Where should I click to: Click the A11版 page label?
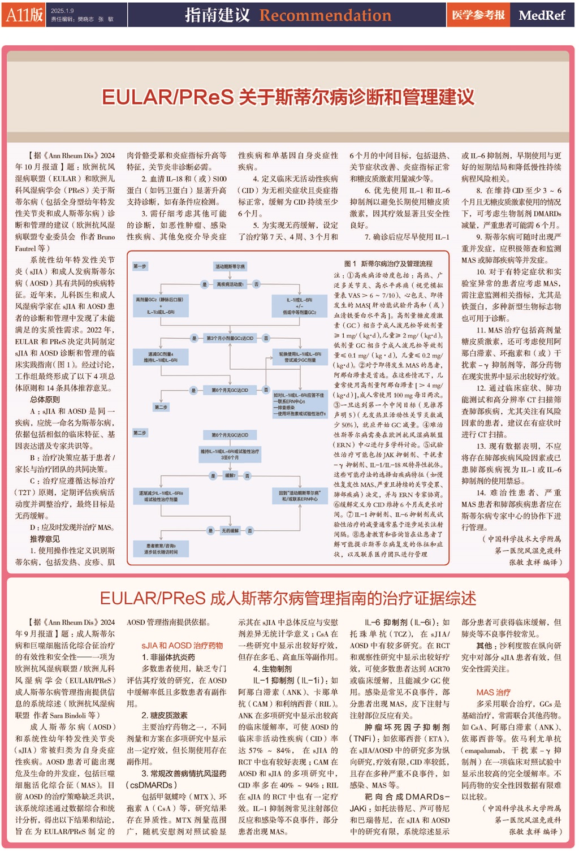(24, 15)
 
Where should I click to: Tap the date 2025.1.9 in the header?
(62, 11)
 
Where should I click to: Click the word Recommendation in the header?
(325, 15)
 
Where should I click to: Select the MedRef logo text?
(541, 15)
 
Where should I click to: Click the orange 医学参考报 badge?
(478, 15)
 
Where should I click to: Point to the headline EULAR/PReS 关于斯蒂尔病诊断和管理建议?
(288, 97)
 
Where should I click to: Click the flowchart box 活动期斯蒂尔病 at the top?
(230, 266)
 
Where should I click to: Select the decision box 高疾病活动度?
(230, 284)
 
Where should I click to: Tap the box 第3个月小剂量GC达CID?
(230, 338)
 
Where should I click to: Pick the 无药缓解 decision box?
(230, 530)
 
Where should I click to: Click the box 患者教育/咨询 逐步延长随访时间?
(160, 548)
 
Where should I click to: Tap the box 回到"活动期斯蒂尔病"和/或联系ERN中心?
(300, 496)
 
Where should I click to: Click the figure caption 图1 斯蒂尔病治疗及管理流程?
(388, 263)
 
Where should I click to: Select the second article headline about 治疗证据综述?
(288, 598)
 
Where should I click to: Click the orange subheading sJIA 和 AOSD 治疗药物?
(182, 645)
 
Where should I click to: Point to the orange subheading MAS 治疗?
(493, 692)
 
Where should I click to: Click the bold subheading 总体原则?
(45, 399)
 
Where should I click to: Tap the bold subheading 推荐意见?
(45, 539)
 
